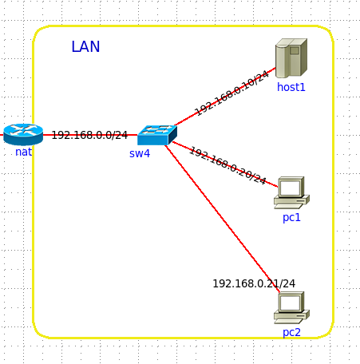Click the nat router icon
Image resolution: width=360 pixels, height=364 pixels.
pos(23,135)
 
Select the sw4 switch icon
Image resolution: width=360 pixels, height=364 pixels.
pos(157,135)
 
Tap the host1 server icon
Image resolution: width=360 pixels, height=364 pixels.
pos(291,58)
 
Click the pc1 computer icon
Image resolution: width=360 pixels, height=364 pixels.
pos(291,192)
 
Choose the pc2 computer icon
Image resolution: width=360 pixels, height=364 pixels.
pos(291,307)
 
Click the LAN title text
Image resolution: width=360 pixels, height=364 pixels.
pos(85,46)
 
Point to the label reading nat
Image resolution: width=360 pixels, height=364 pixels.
pos(24,152)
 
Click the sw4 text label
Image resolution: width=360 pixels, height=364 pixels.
pos(140,153)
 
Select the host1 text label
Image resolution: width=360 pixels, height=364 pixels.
pos(291,87)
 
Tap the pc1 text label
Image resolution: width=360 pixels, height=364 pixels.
pos(291,218)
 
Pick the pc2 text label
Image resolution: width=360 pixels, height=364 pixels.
pos(291,333)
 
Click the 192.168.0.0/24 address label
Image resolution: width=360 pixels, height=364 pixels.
pos(89,135)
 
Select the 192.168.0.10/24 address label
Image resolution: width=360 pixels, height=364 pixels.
pos(231,93)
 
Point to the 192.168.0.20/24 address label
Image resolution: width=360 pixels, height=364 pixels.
pos(227,165)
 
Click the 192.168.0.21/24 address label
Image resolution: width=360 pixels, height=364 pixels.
pos(254,283)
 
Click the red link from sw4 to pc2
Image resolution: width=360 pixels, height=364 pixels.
pos(223,219)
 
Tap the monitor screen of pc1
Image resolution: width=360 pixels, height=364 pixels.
pos(291,188)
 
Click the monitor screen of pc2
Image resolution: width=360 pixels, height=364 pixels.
pos(291,303)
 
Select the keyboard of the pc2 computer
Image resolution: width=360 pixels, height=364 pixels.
pos(289,321)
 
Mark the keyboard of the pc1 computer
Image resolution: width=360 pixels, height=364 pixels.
pos(289,206)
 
